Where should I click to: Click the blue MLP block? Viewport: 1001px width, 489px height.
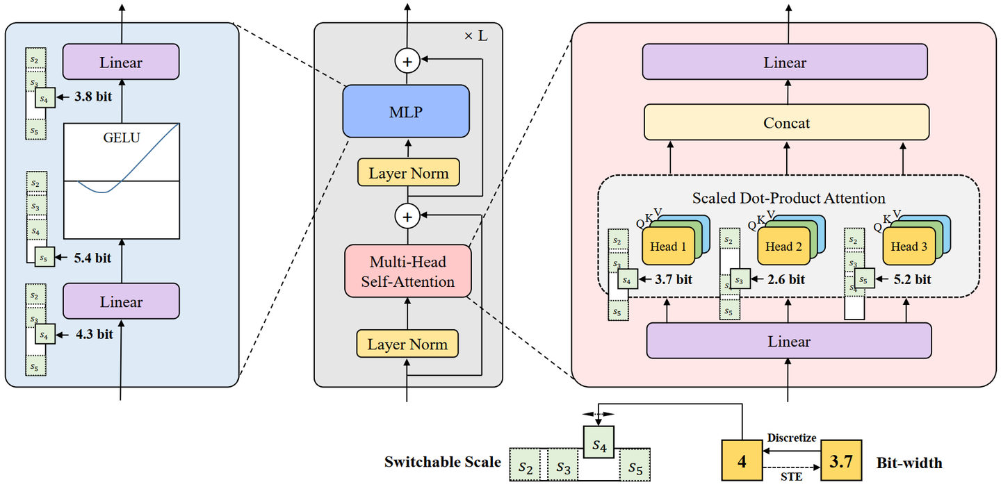pos(407,111)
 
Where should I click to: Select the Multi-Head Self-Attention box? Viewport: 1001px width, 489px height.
pos(408,272)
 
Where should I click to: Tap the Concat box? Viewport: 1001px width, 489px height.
pos(786,122)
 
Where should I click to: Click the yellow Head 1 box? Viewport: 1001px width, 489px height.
pos(668,247)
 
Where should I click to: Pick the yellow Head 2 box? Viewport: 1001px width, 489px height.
pos(783,247)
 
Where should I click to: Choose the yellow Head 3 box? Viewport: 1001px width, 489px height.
pos(909,247)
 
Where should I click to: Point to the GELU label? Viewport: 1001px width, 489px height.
pos(121,137)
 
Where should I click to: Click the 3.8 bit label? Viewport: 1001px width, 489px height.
pos(93,98)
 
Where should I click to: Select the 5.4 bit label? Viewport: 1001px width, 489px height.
pos(92,258)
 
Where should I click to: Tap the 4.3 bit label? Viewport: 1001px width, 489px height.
pos(94,334)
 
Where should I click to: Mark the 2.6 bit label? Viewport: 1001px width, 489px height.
pos(786,280)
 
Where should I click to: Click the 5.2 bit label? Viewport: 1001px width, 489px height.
pos(911,280)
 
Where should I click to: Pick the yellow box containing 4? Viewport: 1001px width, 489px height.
pos(742,461)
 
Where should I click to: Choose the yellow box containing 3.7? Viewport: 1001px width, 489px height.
pos(841,461)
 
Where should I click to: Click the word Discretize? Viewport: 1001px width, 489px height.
pos(792,438)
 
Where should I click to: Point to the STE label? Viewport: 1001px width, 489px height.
pos(792,477)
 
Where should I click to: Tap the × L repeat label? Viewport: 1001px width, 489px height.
pos(475,35)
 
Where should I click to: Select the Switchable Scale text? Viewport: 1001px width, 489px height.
pos(442,461)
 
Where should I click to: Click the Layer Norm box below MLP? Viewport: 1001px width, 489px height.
pos(408,173)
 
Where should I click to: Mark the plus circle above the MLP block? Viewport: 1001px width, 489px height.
pos(408,61)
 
